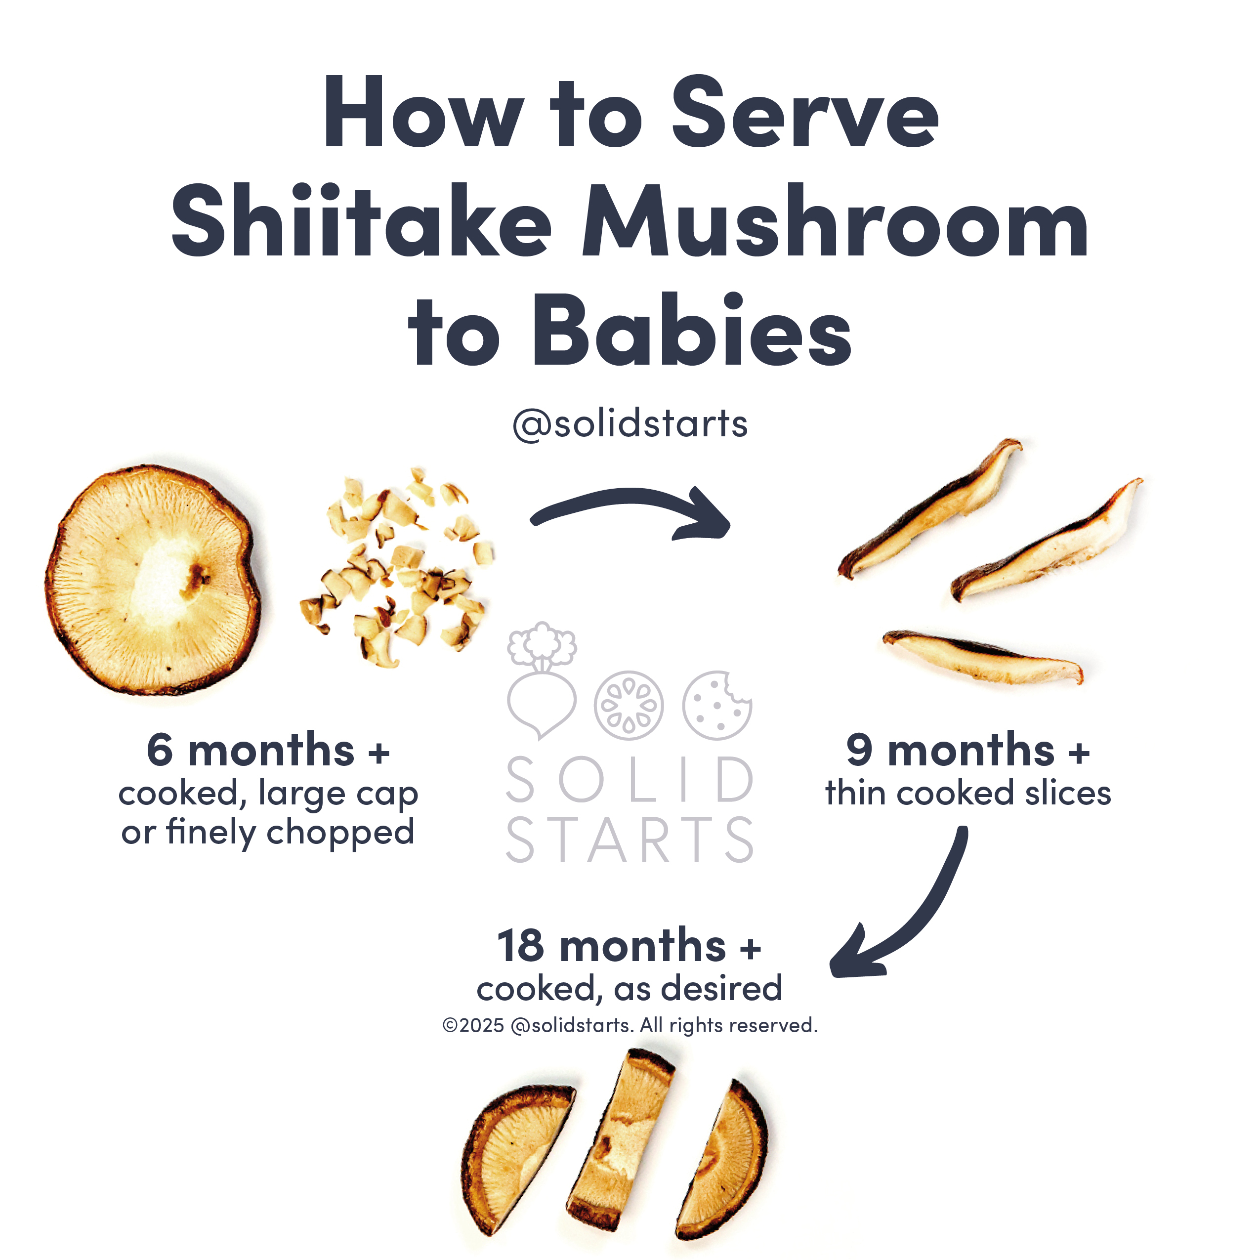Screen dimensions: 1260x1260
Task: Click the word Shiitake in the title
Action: (x=362, y=220)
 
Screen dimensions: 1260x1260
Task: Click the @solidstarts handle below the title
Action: (x=630, y=424)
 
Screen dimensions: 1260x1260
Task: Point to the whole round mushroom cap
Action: (x=153, y=579)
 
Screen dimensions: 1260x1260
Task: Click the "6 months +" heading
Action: (x=268, y=750)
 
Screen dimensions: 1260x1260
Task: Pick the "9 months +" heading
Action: (x=968, y=750)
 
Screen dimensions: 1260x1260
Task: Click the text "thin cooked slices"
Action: (x=968, y=793)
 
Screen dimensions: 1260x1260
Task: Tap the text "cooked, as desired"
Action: (x=630, y=989)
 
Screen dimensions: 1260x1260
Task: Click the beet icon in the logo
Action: (x=541, y=681)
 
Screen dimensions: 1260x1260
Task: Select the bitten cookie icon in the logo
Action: (x=717, y=705)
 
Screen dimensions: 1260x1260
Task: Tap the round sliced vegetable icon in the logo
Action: (x=629, y=705)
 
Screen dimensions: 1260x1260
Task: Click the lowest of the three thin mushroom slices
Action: (x=983, y=657)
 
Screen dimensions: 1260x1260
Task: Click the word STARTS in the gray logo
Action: (x=630, y=840)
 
